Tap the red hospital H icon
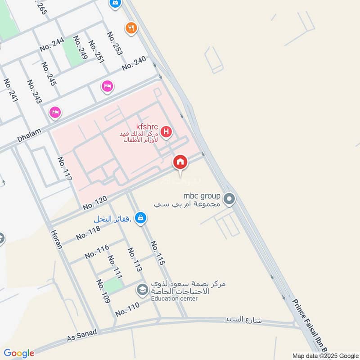[x=166, y=132]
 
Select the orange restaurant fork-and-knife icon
[x=131, y=28]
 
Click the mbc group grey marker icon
[x=229, y=198]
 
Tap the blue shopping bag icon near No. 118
[x=141, y=218]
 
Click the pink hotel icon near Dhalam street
[x=55, y=112]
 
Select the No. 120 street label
[x=94, y=203]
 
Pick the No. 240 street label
[x=134, y=63]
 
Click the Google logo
[x=18, y=353]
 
